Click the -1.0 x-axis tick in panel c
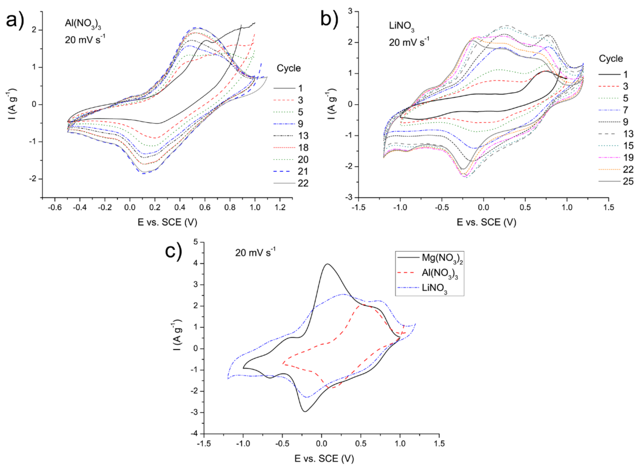point(243,443)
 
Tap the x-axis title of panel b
point(486,222)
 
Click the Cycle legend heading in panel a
point(288,68)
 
